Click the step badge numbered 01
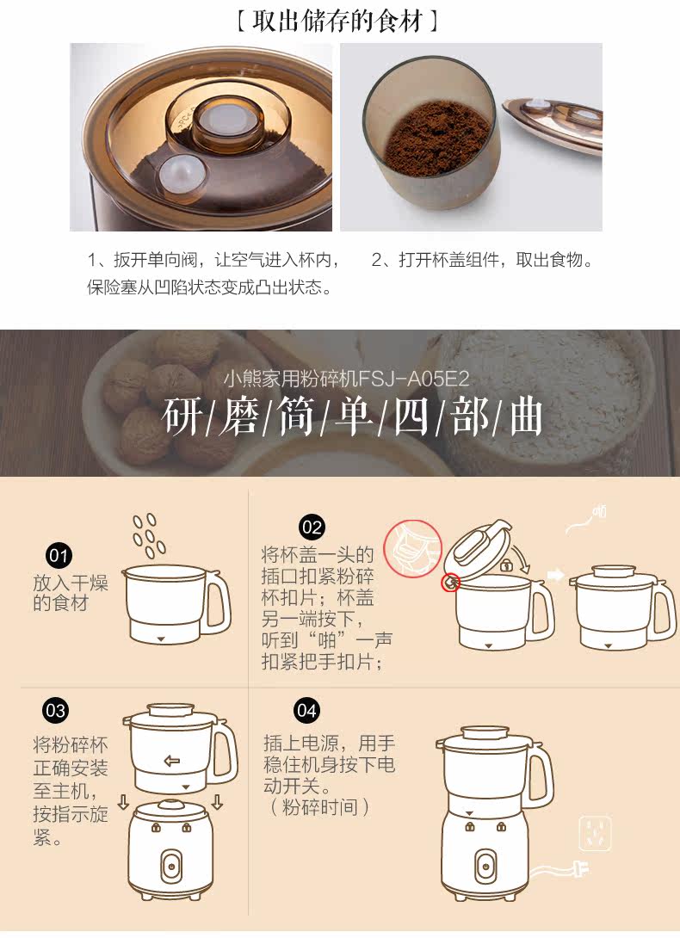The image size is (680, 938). point(59,556)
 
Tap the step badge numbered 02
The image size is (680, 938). point(312,527)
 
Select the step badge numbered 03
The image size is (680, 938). point(56,711)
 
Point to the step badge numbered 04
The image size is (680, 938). point(306,711)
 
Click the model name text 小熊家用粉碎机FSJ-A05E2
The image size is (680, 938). point(347,379)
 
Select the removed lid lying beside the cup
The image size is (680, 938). point(553,123)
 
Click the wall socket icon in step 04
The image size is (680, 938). point(595,833)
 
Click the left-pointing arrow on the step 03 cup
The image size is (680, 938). point(172,761)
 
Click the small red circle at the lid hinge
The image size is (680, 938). point(451,582)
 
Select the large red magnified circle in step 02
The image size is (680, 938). point(412,548)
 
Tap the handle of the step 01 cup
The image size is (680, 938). point(217,603)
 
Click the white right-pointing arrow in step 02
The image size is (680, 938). point(556,575)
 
